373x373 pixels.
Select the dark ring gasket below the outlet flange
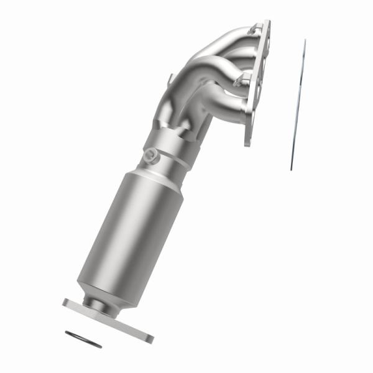83,339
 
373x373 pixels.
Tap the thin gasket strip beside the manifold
298,106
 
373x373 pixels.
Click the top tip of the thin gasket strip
305,41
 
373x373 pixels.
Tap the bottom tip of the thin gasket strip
291,168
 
